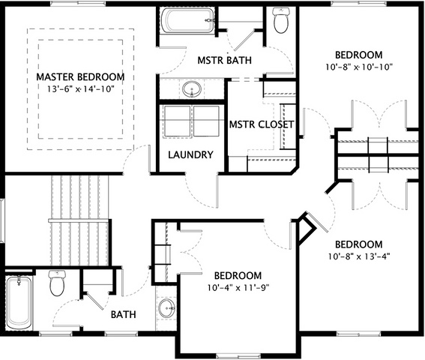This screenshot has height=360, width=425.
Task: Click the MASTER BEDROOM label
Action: click(x=80, y=77)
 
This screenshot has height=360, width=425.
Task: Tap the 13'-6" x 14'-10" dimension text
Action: click(x=80, y=88)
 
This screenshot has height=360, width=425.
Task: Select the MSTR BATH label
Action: click(x=224, y=60)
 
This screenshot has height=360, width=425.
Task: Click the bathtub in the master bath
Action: click(x=188, y=20)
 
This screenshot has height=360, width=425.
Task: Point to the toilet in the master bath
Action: click(x=281, y=20)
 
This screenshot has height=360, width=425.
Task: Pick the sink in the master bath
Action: click(x=192, y=88)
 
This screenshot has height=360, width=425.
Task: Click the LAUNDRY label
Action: click(x=190, y=154)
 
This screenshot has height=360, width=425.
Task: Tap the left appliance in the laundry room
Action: click(x=177, y=121)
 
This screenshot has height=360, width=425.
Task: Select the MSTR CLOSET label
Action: click(x=262, y=124)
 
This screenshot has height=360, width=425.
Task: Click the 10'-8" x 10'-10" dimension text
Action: click(x=359, y=67)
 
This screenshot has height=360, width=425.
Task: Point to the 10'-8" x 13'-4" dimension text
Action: click(x=359, y=256)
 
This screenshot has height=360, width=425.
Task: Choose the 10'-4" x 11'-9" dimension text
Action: click(x=238, y=287)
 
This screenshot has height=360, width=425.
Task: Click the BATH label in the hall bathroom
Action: click(x=124, y=314)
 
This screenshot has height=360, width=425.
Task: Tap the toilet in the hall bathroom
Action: click(x=57, y=283)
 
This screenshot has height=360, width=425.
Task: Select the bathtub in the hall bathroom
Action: click(x=19, y=302)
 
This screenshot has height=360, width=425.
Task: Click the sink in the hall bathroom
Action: click(x=166, y=308)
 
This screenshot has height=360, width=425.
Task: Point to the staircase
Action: click(x=79, y=220)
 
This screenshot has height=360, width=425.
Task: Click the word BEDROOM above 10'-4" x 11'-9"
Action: click(x=238, y=276)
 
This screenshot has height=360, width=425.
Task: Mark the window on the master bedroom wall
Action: click(x=78, y=4)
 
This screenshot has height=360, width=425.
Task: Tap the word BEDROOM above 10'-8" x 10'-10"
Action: click(x=359, y=55)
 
